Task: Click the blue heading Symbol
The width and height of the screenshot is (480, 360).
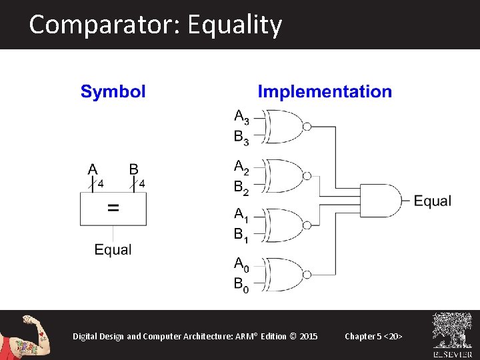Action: (x=113, y=92)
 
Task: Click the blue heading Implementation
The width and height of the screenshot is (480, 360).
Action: (x=325, y=92)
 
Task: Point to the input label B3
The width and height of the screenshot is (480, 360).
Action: (x=241, y=138)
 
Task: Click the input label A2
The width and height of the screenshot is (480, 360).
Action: (x=241, y=166)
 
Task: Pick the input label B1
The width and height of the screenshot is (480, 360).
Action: (x=241, y=235)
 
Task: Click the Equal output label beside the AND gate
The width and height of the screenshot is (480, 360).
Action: (x=433, y=201)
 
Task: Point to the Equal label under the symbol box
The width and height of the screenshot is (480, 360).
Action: (x=113, y=250)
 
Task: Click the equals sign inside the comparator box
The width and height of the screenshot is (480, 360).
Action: (x=113, y=209)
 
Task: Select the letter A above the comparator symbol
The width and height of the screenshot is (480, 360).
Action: (x=93, y=169)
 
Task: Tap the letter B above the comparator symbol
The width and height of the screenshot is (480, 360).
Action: (x=133, y=169)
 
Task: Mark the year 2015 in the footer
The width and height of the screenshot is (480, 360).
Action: (x=309, y=336)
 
